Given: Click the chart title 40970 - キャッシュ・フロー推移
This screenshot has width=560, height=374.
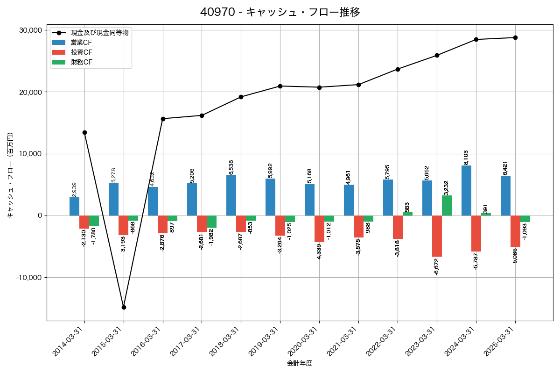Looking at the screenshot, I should pyautogui.click(x=280, y=12).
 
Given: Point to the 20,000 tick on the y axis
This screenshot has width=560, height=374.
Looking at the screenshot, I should pyautogui.click(x=29, y=92).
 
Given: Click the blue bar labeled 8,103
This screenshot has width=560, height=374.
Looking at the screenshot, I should pyautogui.click(x=466, y=190).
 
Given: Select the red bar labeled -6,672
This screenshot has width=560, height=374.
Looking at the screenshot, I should pyautogui.click(x=437, y=236).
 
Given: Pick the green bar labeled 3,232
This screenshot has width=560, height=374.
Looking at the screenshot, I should pyautogui.click(x=447, y=206).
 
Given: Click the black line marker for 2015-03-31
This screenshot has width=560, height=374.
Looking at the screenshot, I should pyautogui.click(x=124, y=307).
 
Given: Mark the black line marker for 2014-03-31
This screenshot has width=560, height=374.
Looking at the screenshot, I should pyautogui.click(x=84, y=132).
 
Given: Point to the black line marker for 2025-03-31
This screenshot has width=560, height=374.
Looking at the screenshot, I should pyautogui.click(x=515, y=37).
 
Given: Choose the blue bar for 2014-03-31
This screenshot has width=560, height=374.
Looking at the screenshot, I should pyautogui.click(x=74, y=206).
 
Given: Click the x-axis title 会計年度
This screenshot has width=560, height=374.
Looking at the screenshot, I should pyautogui.click(x=300, y=363).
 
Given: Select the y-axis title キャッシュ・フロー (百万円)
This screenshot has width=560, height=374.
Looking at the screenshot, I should pyautogui.click(x=10, y=175).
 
